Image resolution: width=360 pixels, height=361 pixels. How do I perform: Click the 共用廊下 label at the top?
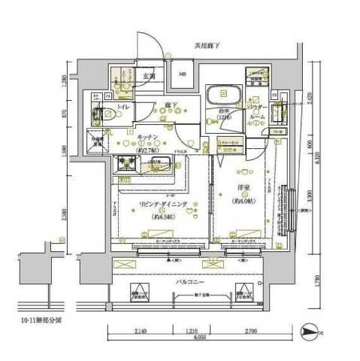207,46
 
